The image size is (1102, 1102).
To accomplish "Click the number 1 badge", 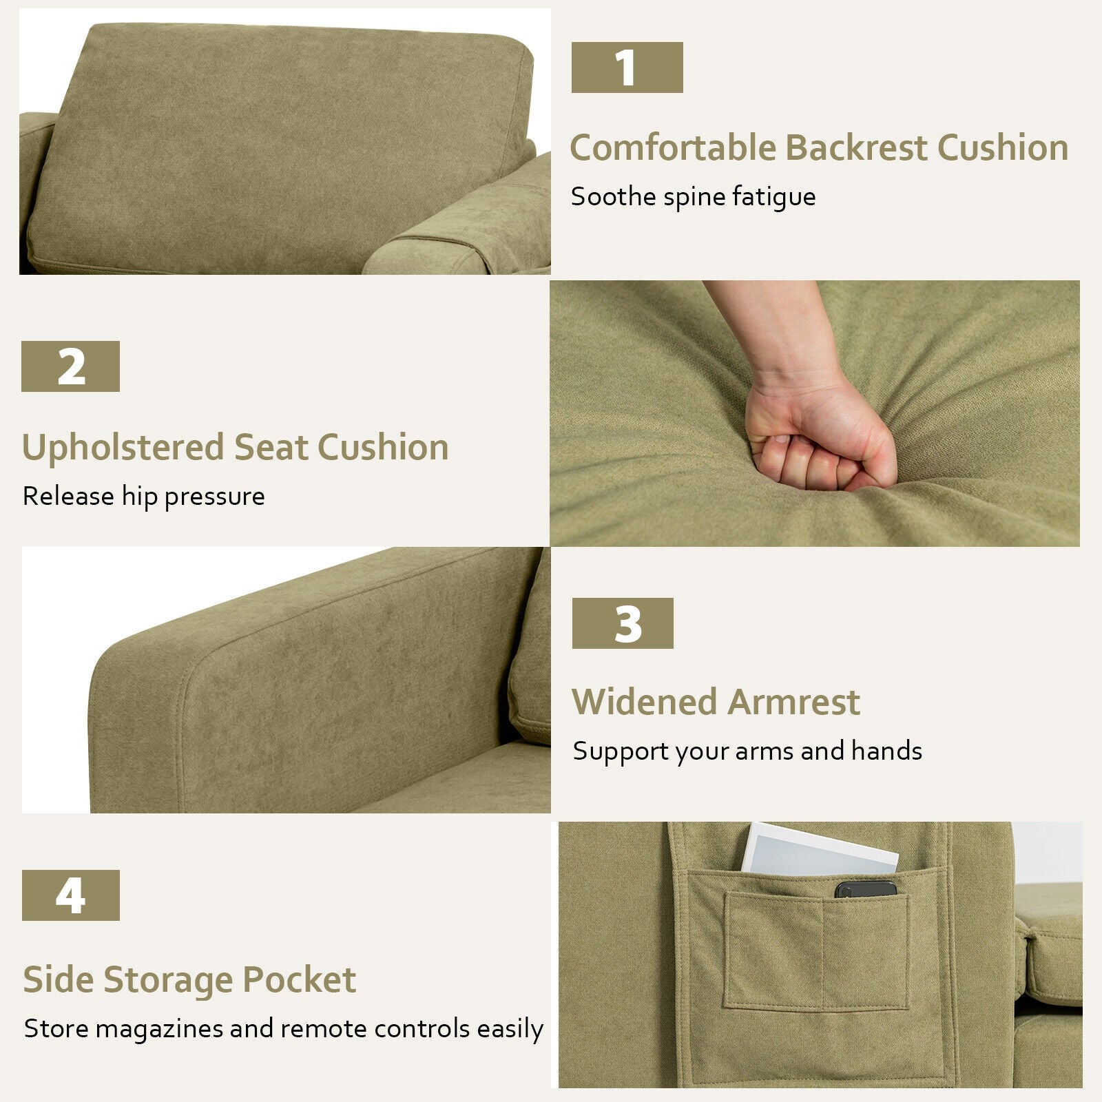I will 627,67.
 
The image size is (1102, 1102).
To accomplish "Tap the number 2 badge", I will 70,366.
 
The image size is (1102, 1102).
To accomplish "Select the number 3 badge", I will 623,623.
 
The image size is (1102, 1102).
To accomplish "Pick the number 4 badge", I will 70,895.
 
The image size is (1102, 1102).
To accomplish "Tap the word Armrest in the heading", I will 793,702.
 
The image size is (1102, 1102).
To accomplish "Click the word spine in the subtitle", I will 694,198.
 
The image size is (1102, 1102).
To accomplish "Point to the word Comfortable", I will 673,147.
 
